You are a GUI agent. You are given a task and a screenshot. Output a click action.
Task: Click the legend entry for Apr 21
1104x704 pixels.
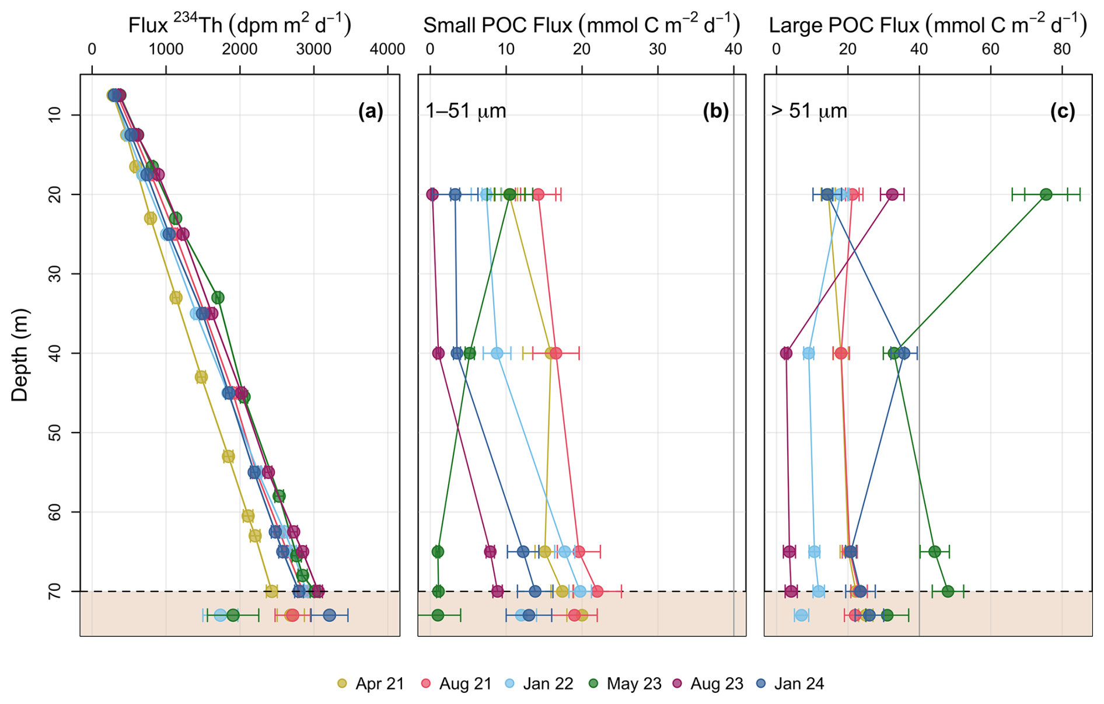(x=371, y=684)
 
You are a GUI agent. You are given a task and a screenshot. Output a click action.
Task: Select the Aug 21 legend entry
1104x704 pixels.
(x=457, y=684)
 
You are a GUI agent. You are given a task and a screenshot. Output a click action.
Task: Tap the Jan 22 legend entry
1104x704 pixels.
(x=539, y=684)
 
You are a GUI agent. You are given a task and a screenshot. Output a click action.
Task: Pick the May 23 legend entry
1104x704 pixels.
(x=625, y=684)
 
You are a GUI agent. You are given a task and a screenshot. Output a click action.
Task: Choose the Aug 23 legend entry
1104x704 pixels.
(x=708, y=684)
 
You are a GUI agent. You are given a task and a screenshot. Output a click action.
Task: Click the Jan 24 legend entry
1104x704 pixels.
(x=790, y=684)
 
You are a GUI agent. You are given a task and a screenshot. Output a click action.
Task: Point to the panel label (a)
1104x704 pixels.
(x=371, y=111)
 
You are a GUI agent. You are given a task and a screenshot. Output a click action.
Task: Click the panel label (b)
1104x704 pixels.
(x=716, y=111)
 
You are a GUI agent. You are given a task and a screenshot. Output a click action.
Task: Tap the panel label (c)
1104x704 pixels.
(x=1062, y=111)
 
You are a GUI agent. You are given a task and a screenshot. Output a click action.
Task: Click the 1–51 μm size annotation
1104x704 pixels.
(x=466, y=111)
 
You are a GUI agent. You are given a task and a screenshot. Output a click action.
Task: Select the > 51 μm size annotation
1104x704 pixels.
(x=809, y=111)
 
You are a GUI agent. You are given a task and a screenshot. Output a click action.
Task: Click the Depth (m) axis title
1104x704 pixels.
(x=20, y=355)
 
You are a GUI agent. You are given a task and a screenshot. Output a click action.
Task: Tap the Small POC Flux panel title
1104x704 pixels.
(x=581, y=25)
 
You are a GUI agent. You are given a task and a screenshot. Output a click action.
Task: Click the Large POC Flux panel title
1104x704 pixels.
(x=928, y=25)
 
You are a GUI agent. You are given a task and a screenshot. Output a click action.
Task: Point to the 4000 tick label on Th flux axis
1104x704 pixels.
(x=387, y=50)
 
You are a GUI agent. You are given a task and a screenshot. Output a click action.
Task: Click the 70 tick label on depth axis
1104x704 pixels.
(x=55, y=591)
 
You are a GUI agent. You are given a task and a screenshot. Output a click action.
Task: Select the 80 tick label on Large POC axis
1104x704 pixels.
(x=1062, y=50)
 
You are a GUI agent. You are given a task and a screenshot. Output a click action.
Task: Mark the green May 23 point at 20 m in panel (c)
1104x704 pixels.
(x=1046, y=194)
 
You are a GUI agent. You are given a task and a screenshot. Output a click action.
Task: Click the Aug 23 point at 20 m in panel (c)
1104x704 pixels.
(x=892, y=194)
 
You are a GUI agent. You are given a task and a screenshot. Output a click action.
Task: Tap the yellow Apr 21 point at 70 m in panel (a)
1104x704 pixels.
(x=271, y=591)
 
